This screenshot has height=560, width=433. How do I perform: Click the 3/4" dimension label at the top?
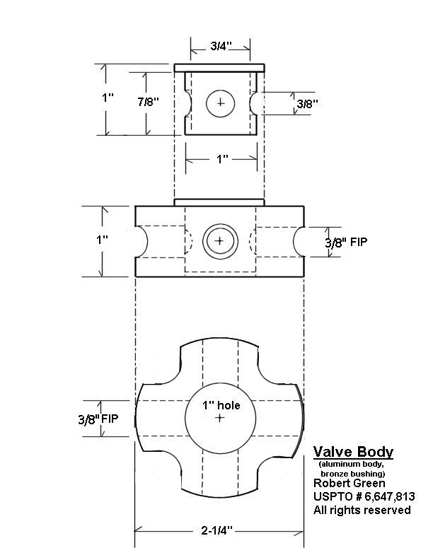[221, 46]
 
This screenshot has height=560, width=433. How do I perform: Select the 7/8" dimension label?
[149, 102]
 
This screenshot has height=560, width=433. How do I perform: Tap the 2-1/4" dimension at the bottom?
[216, 530]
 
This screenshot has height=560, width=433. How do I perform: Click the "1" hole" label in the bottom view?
[221, 405]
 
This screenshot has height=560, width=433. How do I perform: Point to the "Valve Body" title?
[353, 452]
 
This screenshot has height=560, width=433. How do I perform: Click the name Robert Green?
[350, 483]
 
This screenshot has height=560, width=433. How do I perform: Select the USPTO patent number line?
[364, 496]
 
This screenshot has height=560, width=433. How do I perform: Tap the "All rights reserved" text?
[362, 510]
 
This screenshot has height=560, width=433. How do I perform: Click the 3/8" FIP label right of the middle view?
[346, 243]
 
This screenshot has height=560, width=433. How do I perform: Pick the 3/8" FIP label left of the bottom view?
[98, 419]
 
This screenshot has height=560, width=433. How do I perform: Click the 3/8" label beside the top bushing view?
[307, 103]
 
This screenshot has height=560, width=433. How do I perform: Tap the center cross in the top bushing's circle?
[221, 103]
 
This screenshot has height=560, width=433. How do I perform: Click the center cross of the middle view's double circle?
[220, 240]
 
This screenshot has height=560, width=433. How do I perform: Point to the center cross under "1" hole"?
[220, 417]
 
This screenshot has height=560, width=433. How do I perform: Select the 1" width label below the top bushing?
[222, 159]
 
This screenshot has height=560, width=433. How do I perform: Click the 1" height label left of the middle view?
[102, 240]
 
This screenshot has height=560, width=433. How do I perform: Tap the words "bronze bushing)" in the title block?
[353, 474]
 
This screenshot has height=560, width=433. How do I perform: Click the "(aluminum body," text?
[351, 465]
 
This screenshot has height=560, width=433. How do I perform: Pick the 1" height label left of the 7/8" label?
[108, 98]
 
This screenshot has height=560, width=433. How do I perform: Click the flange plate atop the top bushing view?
[219, 68]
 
